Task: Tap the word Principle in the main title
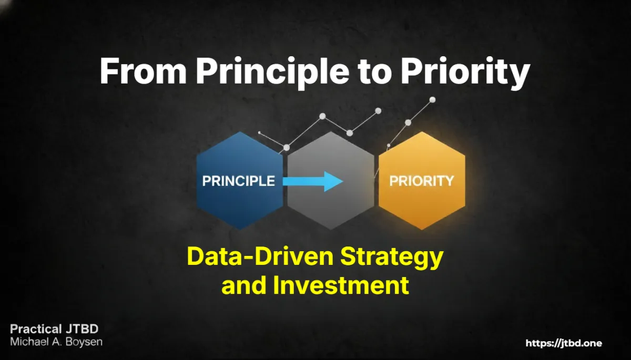[272, 73]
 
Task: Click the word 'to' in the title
[375, 72]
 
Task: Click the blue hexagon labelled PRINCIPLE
[240, 181]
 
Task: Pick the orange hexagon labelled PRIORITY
[422, 181]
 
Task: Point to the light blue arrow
[313, 181]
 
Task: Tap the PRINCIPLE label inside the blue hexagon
[238, 181]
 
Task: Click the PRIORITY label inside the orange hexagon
[422, 181]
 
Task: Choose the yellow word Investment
[341, 285]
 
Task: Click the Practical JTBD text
[54, 329]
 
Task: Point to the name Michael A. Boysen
[56, 342]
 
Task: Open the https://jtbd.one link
[564, 343]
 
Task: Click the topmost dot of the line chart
[432, 100]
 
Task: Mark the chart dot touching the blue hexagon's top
[286, 148]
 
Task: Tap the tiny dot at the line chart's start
[259, 132]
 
